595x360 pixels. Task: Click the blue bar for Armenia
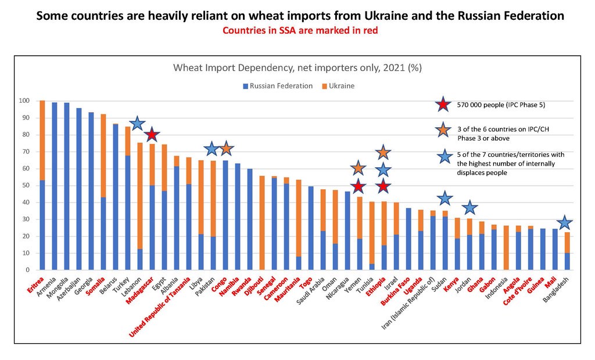pyautogui.click(x=55, y=186)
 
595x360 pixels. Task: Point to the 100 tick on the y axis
pyautogui.click(x=24, y=101)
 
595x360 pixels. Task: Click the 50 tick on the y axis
pyautogui.click(x=26, y=186)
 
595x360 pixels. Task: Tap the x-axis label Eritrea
pyautogui.click(x=36, y=284)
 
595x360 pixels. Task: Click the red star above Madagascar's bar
pyautogui.click(x=152, y=134)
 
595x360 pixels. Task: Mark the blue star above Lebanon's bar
pyautogui.click(x=137, y=123)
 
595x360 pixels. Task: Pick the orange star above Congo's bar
pyautogui.click(x=226, y=149)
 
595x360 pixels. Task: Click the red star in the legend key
pyautogui.click(x=443, y=105)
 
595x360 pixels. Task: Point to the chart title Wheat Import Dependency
pyautogui.click(x=297, y=68)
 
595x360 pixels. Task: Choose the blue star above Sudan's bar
pyautogui.click(x=445, y=198)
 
